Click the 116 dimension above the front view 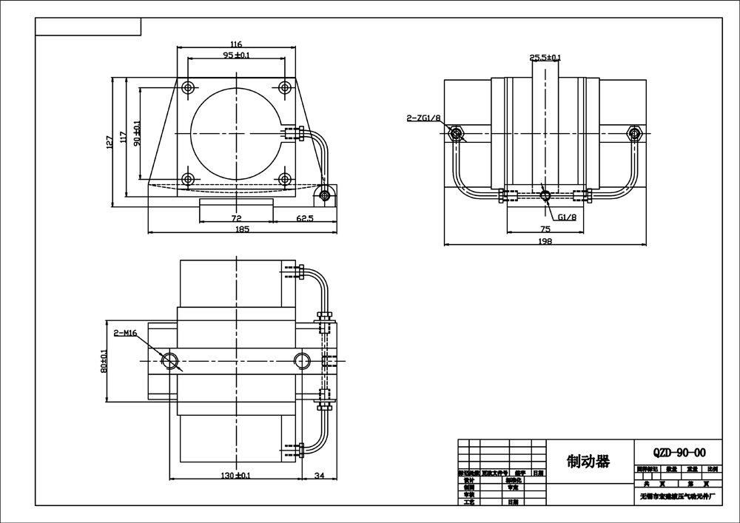[236, 45]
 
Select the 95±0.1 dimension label [236, 55]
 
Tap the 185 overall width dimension [242, 229]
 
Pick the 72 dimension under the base [237, 219]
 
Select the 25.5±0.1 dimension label [545, 57]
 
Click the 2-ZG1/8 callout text [424, 118]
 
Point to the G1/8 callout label [568, 217]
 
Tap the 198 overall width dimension [545, 241]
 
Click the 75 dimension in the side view [545, 229]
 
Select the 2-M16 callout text [126, 334]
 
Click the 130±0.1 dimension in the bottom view [236, 476]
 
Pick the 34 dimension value [320, 476]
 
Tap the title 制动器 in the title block [588, 462]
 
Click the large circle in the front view [236, 133]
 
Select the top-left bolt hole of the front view [188, 87]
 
